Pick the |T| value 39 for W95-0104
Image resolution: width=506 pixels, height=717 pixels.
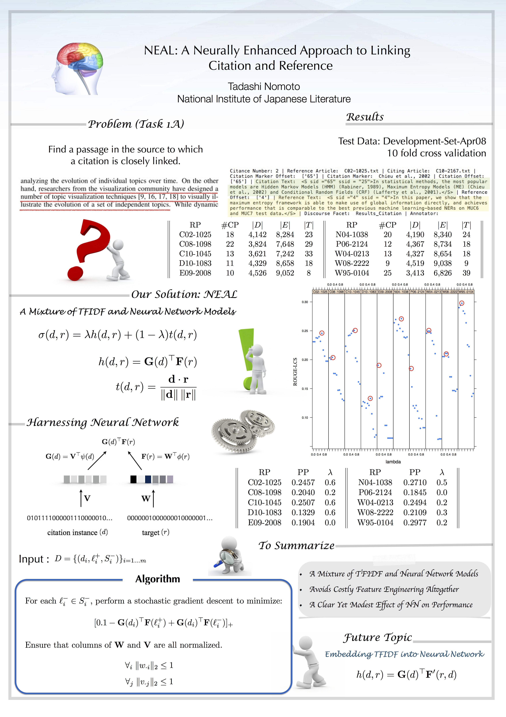tap(466, 273)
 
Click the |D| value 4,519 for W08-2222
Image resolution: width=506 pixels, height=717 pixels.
tap(415, 263)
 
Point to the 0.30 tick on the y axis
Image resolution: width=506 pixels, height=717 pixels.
tap(305, 302)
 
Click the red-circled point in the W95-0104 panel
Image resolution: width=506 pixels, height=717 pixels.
tap(462, 303)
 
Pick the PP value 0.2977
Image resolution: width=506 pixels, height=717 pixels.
tap(415, 523)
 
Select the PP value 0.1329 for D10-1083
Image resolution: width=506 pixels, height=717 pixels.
tap(303, 512)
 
